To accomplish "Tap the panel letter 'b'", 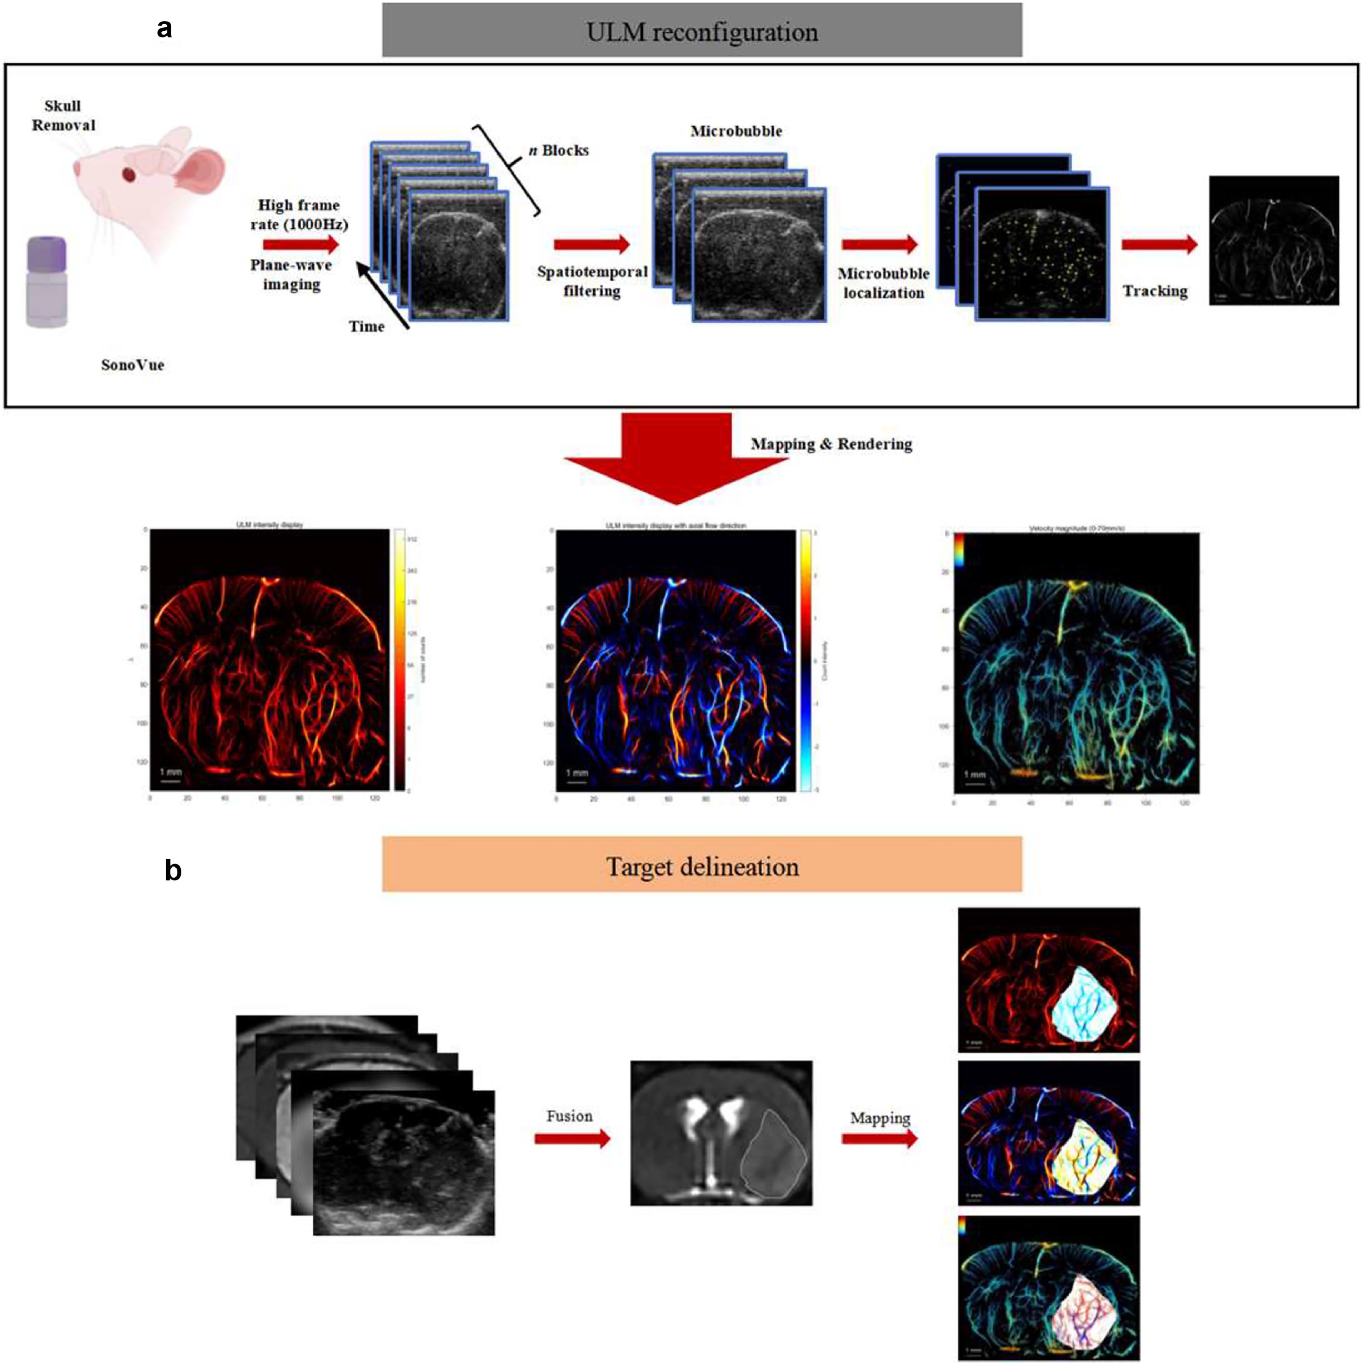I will [x=172, y=870].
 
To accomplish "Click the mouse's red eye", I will [x=129, y=173].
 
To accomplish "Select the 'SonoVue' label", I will [x=132, y=365].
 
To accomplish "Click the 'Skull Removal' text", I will [x=63, y=115].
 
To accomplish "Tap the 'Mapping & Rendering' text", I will [x=831, y=444].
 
